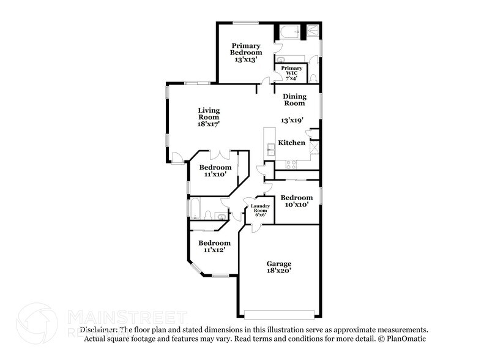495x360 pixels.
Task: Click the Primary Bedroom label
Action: (x=245, y=53)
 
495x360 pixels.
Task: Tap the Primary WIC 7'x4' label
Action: (x=291, y=73)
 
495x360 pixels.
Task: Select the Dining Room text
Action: (x=294, y=100)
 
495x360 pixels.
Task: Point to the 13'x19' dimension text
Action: (x=292, y=121)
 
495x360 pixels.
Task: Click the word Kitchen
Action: (x=291, y=143)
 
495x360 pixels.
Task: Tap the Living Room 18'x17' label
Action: (x=208, y=117)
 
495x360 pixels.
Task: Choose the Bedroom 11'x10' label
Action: (x=215, y=171)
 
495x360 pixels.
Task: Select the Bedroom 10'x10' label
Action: (x=297, y=201)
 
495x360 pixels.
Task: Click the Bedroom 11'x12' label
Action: (x=215, y=246)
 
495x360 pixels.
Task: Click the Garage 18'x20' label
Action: (x=278, y=267)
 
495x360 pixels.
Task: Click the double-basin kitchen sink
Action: (x=269, y=147)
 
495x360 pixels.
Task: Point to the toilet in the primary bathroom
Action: (x=314, y=78)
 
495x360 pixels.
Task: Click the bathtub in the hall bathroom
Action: (x=195, y=209)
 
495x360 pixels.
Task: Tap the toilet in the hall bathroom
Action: (x=209, y=215)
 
